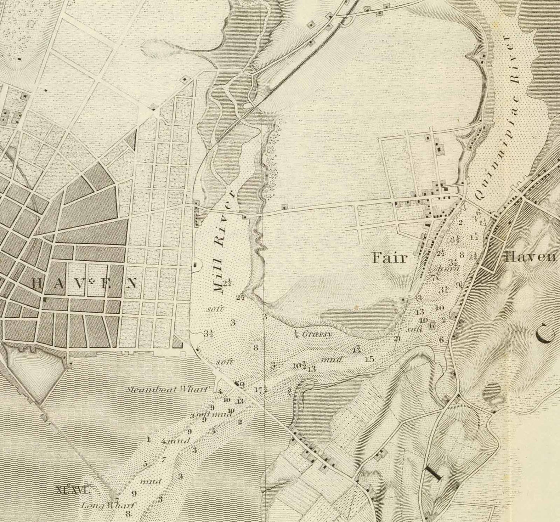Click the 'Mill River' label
(x=223, y=243)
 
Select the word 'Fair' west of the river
(x=389, y=258)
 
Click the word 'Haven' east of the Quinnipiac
(x=530, y=257)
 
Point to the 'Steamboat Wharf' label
(x=168, y=390)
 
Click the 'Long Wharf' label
(x=108, y=506)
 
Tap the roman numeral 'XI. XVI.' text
(x=72, y=490)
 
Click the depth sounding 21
(x=398, y=339)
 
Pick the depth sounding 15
(x=370, y=359)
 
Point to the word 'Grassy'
(x=317, y=334)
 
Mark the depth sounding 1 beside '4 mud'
(x=148, y=440)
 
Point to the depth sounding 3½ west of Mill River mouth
(x=208, y=333)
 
